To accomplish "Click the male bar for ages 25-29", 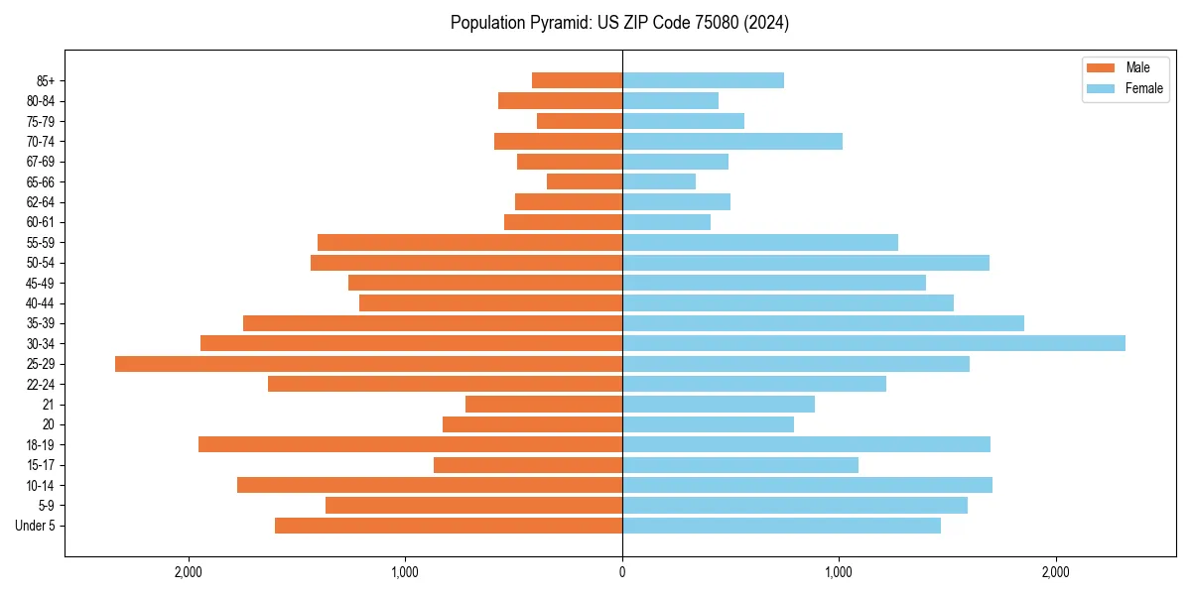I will [368, 364].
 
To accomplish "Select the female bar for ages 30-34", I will [873, 343].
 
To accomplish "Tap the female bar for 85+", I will [703, 80].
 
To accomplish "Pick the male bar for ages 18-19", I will [410, 444].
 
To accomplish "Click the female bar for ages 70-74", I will [732, 141].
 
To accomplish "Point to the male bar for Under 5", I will [449, 526].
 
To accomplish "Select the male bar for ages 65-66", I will [585, 181].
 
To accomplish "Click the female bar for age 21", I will [719, 405].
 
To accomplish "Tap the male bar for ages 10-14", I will [430, 485].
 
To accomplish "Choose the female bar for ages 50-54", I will [806, 263].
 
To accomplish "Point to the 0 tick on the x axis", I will [622, 572].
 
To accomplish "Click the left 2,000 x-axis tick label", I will [188, 572].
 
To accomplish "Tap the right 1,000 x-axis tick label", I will [840, 572].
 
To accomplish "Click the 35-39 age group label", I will [41, 323].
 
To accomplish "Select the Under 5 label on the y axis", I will [36, 526].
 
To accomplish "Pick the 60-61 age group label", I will [41, 222].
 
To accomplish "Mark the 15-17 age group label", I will [41, 465].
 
